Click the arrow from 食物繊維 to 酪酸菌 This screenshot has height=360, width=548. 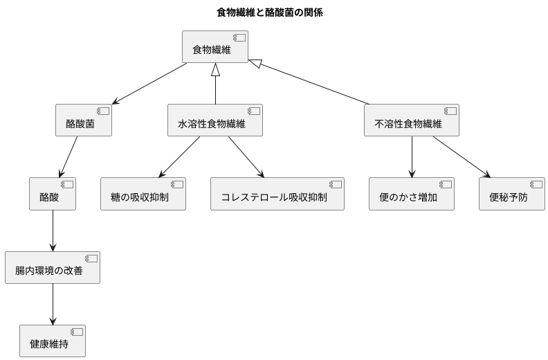(x=150, y=84)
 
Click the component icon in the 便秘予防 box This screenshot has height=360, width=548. (x=536, y=184)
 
